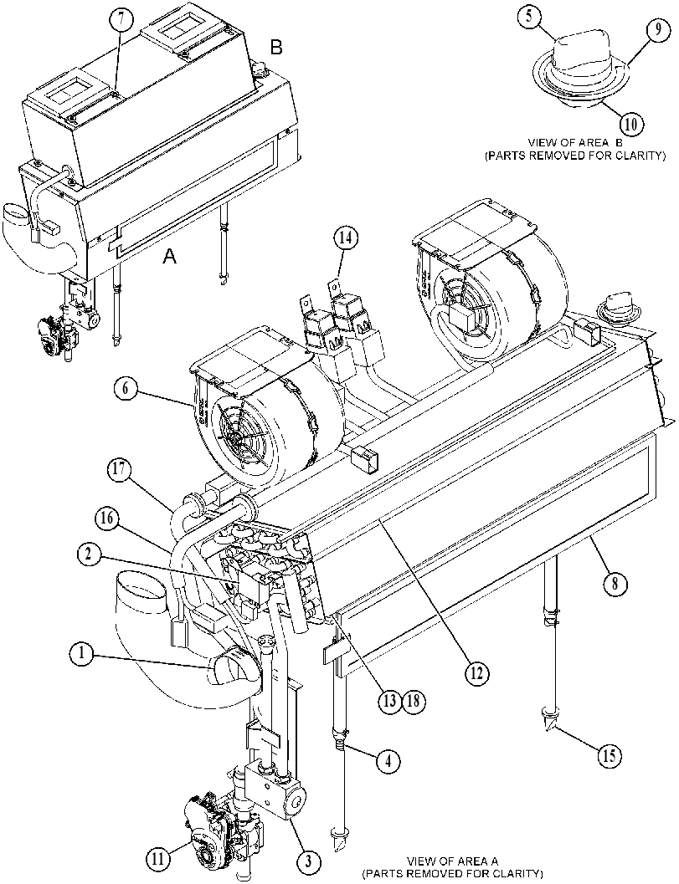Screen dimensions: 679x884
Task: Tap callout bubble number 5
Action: coord(529,18)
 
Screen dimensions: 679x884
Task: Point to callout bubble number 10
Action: coord(630,124)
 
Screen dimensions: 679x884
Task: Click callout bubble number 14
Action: coord(345,238)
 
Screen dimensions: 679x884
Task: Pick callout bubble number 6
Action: coord(126,389)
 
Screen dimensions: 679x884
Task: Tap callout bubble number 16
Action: coord(105,518)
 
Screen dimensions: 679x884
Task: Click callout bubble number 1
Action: coord(82,654)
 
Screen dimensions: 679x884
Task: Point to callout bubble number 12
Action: coord(477,672)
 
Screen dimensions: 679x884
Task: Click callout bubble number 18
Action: coord(413,701)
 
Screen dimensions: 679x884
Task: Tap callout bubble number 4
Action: coord(388,761)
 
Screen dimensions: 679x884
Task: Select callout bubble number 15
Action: coord(610,754)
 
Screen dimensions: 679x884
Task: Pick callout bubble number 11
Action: coord(158,859)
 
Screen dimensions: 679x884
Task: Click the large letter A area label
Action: coord(169,257)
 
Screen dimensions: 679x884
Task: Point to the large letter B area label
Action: coord(276,48)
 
